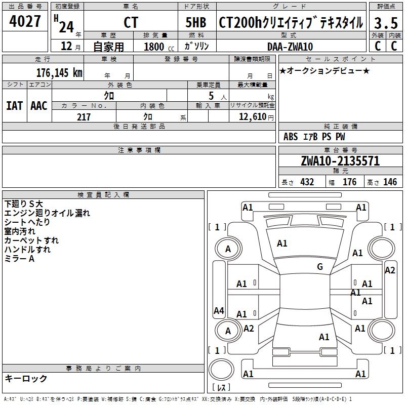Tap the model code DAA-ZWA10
click(290, 47)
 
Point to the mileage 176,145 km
click(59, 72)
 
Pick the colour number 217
click(84, 117)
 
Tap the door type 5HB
click(196, 23)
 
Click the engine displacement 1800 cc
click(154, 47)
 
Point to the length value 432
click(307, 182)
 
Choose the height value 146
click(390, 182)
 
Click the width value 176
click(350, 182)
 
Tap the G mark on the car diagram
click(320, 267)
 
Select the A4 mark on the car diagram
click(219, 311)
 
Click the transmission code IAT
click(14, 105)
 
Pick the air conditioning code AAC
click(39, 105)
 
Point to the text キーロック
click(26, 378)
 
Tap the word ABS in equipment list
click(291, 137)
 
